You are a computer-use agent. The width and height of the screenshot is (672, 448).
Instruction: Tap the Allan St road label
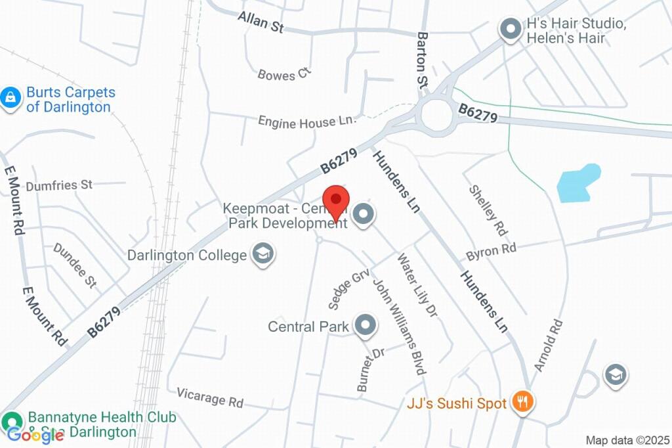coord(261,21)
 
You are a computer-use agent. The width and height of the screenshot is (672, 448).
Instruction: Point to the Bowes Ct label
coord(283,74)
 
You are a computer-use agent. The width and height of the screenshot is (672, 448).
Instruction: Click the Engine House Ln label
coord(306,122)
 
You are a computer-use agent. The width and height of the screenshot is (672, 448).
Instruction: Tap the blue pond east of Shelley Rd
coord(578,183)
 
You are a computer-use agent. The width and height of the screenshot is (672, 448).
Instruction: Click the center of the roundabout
coord(437,116)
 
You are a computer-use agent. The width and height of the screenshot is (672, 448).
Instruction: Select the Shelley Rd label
coord(488,210)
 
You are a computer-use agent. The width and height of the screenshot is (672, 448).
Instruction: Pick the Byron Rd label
coord(491,251)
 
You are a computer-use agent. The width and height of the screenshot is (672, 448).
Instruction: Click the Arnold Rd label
coord(548,346)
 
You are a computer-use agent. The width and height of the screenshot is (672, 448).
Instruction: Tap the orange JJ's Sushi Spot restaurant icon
coord(522,401)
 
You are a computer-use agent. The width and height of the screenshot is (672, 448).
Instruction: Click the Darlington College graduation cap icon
coord(264,254)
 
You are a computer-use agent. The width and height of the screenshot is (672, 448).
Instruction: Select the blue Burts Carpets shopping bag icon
coord(10,99)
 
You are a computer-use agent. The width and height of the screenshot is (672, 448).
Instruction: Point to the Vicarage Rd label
coord(210,397)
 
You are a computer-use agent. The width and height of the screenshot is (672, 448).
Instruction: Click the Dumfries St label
coord(59,185)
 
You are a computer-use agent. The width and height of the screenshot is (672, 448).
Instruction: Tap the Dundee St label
coord(75,265)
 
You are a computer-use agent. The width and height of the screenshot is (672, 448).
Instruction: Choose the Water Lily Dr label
coord(416,286)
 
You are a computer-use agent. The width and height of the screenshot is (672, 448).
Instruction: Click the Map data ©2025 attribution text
coord(627,439)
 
